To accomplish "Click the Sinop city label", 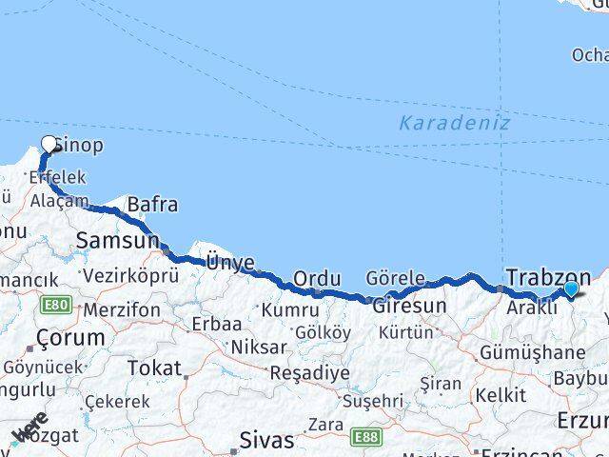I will (78, 146).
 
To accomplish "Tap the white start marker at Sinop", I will (49, 145).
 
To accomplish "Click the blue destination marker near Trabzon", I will (571, 289).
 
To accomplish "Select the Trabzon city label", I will (548, 277).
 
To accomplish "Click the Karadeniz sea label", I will (454, 123).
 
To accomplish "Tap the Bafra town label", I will (152, 205).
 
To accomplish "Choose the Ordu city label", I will (317, 278).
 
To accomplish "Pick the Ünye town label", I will (229, 263).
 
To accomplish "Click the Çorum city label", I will (69, 337).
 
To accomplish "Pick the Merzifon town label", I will (121, 310).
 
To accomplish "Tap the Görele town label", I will (396, 278).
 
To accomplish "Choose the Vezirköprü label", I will (131, 275).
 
